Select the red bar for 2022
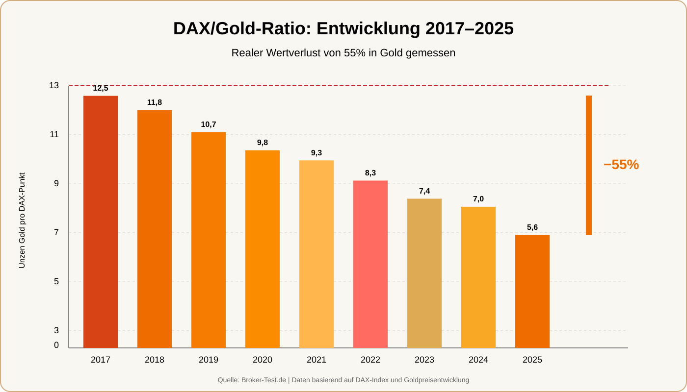point(370,264)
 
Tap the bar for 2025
point(532,292)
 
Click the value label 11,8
point(155,102)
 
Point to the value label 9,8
point(263,143)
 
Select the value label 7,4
point(424,191)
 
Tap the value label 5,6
point(532,227)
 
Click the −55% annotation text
point(621,165)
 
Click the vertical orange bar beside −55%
point(589,165)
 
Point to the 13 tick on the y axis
point(54,86)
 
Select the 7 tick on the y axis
point(56,233)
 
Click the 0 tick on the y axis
point(56,345)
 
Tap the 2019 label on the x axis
point(209,360)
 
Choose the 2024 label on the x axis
point(478,360)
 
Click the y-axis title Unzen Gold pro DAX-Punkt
point(22,220)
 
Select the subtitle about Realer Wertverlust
point(343,53)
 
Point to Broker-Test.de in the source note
point(264,380)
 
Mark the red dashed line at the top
point(343,86)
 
